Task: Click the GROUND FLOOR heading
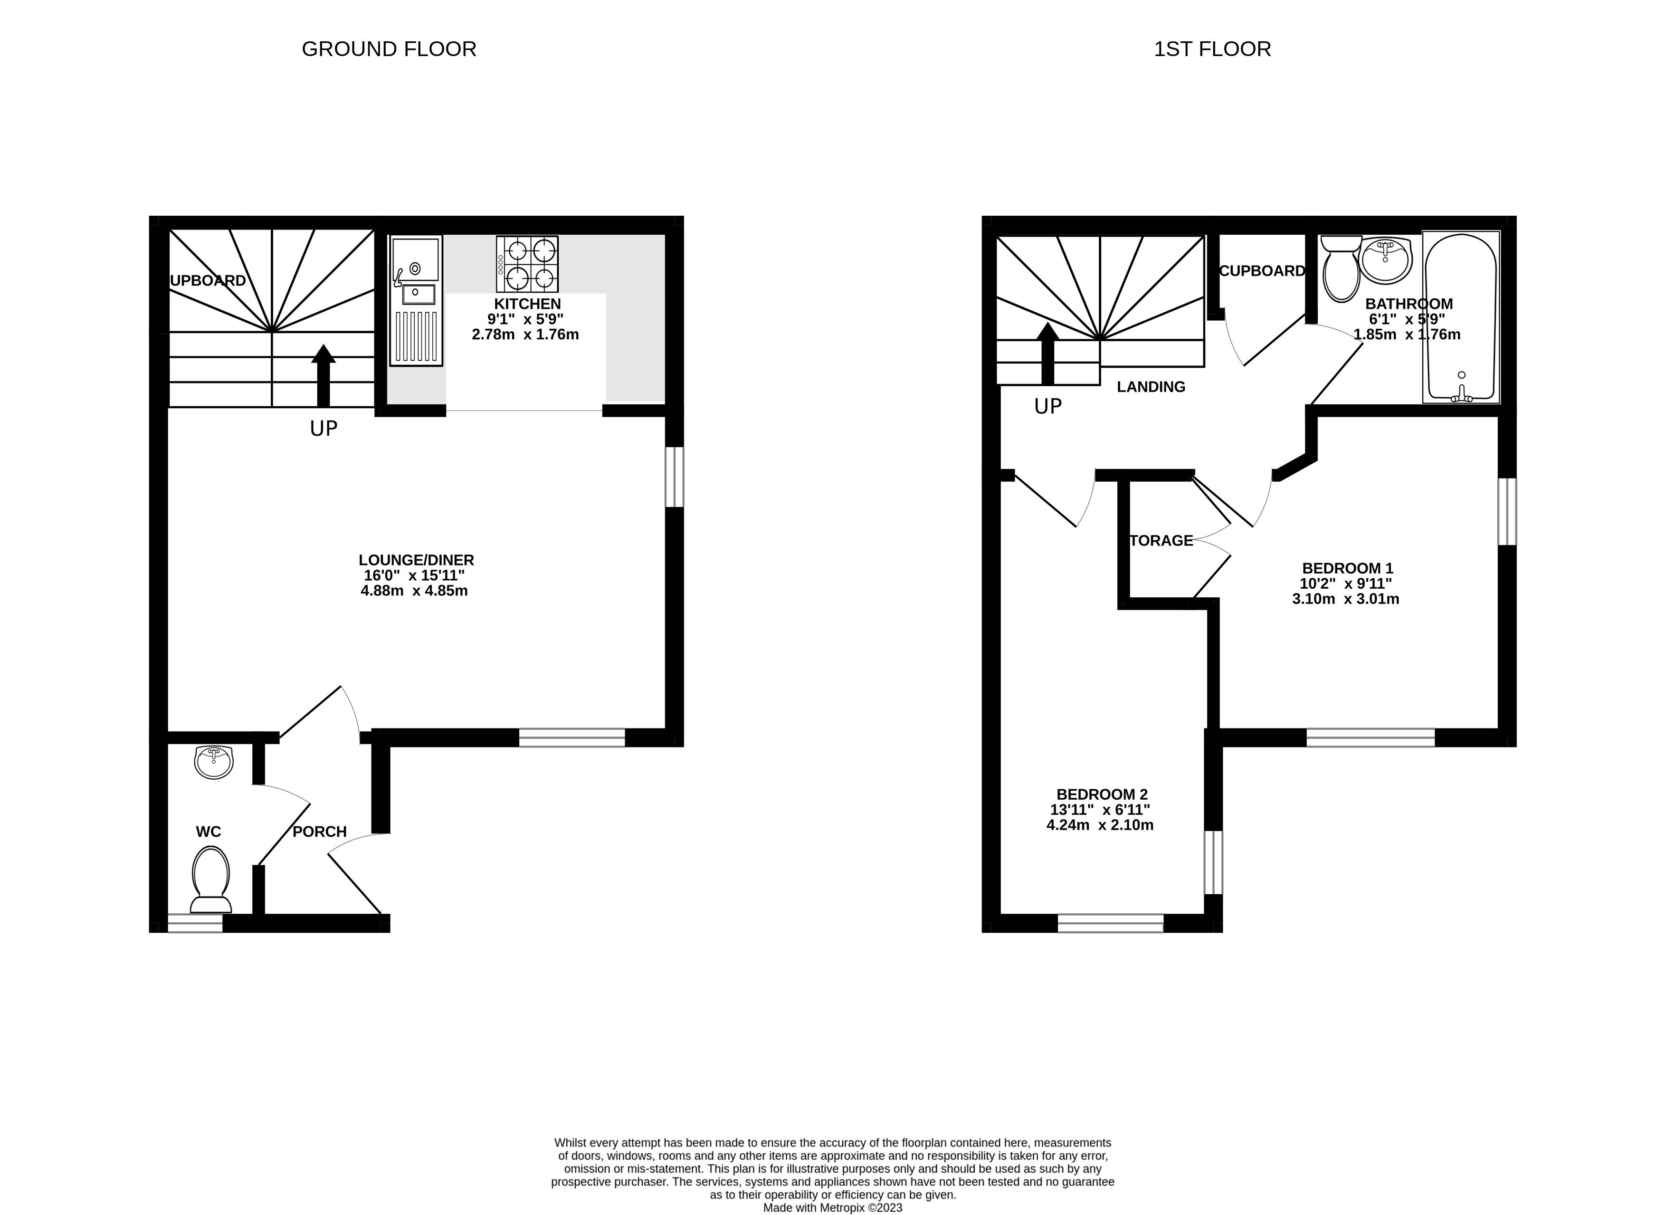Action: click(389, 49)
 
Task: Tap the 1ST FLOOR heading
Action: click(1212, 49)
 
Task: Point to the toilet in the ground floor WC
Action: click(210, 879)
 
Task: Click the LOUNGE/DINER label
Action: click(416, 560)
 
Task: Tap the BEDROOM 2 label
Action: click(1101, 794)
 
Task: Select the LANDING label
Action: click(1151, 387)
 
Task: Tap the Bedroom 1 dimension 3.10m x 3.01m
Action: click(1345, 599)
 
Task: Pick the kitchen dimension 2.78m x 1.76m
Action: click(525, 335)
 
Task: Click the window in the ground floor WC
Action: click(195, 923)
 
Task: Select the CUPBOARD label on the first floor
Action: click(1262, 271)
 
